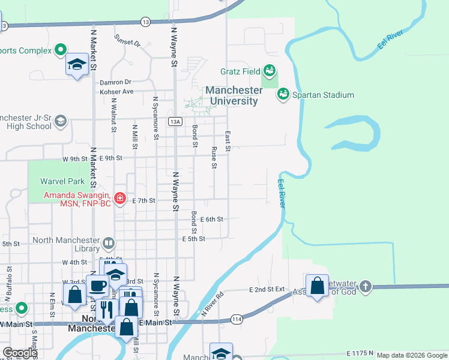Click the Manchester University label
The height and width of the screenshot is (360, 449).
[x=234, y=95]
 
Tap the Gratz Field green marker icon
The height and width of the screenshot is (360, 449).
[x=270, y=71]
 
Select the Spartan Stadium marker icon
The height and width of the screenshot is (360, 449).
[x=283, y=94]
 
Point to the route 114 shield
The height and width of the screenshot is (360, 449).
[x=237, y=320]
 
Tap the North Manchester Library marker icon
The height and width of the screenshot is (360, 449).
[x=108, y=243]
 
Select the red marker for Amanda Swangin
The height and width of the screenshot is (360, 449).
[x=120, y=198]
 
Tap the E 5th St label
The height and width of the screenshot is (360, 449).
[x=194, y=239]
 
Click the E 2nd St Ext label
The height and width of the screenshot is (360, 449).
[x=266, y=289]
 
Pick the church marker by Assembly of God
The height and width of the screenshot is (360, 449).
[x=366, y=287]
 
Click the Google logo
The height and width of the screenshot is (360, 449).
[x=20, y=353]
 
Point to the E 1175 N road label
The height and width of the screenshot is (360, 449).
[x=360, y=354]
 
